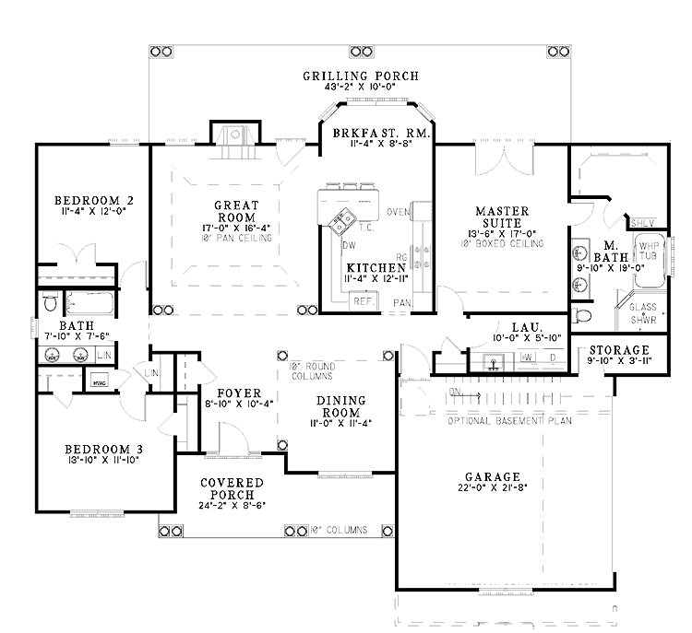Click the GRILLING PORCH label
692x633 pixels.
click(x=361, y=76)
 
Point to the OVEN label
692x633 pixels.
click(x=398, y=213)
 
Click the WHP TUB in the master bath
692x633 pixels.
click(x=648, y=252)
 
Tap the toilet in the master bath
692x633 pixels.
click(x=581, y=316)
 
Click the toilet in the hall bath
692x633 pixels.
click(x=52, y=303)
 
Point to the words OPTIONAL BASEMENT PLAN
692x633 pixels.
click(x=509, y=421)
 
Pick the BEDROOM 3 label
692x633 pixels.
click(x=101, y=451)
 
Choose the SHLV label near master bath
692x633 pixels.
click(x=642, y=223)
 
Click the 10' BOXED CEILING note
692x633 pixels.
click(x=505, y=244)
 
